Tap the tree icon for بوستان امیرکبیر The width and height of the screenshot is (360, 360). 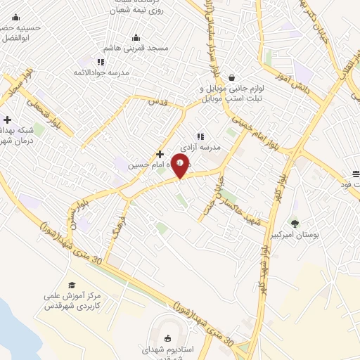coord(294,224)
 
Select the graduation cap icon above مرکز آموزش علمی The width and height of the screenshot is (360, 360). coord(71,285)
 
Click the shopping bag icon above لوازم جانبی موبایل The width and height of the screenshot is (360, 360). coord(232,78)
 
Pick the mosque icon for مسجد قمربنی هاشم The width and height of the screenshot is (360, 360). coord(136,38)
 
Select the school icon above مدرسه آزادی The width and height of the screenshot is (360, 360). coord(200,136)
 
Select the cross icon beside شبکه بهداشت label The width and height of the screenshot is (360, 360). coord(7,120)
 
